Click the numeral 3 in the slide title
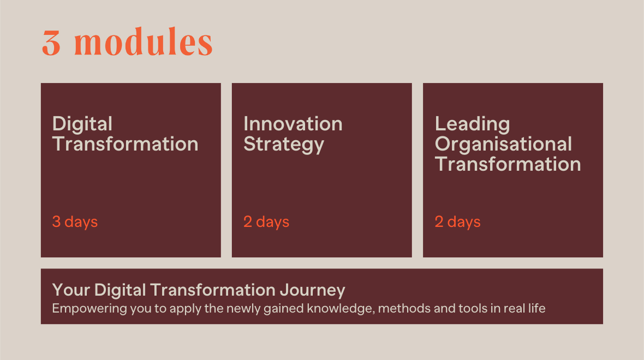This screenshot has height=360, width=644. [51, 43]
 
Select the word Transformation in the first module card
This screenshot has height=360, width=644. [126, 144]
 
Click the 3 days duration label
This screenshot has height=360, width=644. [75, 221]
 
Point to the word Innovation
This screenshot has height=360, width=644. [293, 124]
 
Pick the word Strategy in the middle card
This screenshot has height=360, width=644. [284, 145]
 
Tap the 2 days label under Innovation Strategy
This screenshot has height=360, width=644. [266, 221]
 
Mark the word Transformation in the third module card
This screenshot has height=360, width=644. [508, 164]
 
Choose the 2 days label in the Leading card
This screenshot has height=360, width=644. [457, 221]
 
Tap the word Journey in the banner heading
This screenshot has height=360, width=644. [313, 291]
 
